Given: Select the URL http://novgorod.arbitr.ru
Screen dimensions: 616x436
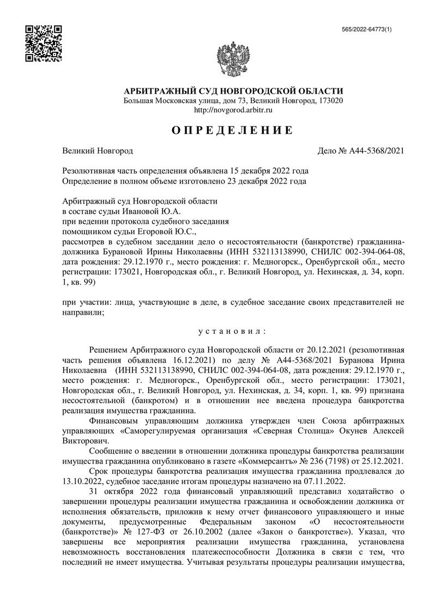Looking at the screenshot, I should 233,110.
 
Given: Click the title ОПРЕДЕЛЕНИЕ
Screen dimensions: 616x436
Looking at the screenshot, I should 233,130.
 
